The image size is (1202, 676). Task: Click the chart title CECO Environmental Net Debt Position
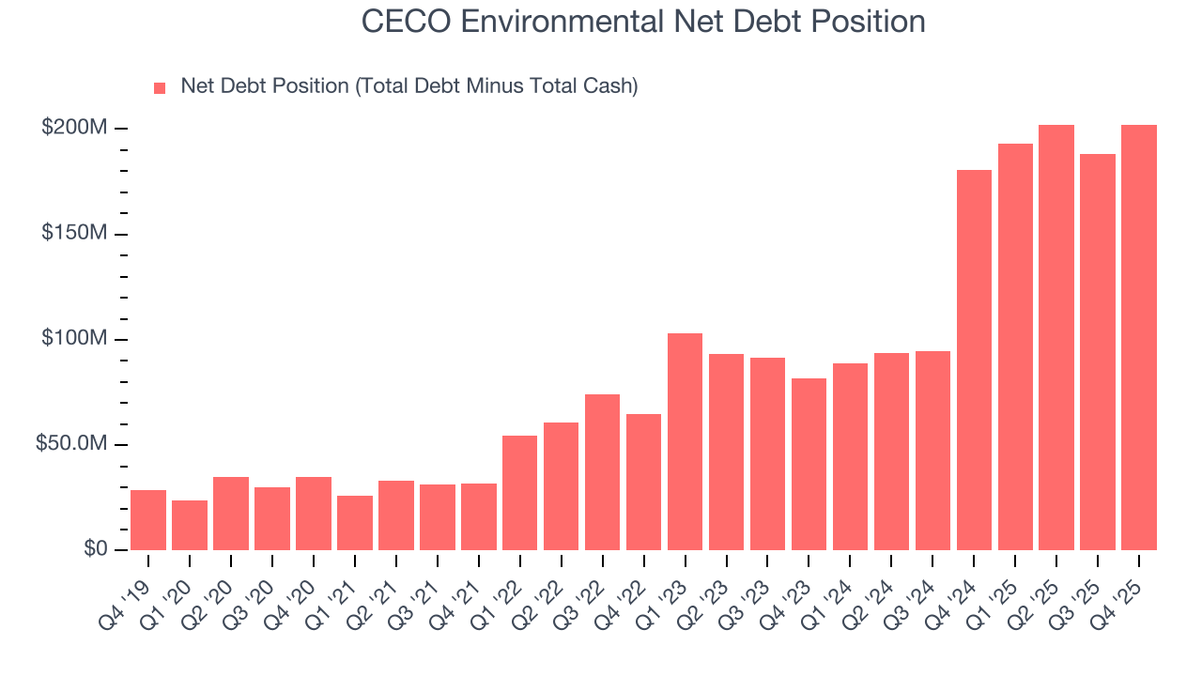643,22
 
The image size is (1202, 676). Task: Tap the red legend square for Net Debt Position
160,87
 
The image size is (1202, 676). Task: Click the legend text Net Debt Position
408,86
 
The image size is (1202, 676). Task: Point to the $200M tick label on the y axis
73,128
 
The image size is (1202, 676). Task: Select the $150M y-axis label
73,233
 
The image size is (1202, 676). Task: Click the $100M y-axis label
73,339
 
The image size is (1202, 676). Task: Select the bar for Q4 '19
148,520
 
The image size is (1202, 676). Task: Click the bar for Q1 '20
190,526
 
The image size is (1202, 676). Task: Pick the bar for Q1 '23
685,441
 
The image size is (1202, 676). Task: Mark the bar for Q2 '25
1056,337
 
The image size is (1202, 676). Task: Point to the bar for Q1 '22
519,493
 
